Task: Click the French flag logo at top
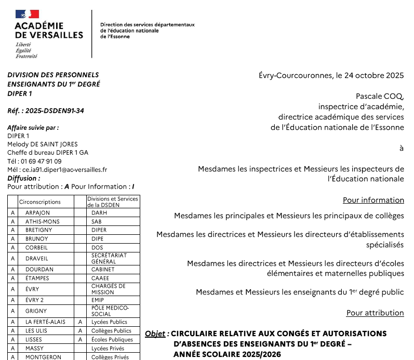pyautogui.click(x=28, y=15)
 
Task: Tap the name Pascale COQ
pyautogui.click(x=380, y=96)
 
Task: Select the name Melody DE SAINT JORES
pyautogui.click(x=42, y=144)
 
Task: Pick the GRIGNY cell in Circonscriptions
pyautogui.click(x=36, y=311)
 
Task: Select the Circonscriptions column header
pyautogui.click(x=40, y=202)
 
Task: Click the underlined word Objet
pyautogui.click(x=155, y=334)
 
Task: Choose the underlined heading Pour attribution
pyautogui.click(x=375, y=313)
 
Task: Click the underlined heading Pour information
pyautogui.click(x=373, y=200)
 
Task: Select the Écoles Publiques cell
pyautogui.click(x=112, y=340)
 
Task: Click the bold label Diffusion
pyautogui.click(x=23, y=178)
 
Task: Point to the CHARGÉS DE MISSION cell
pyautogui.click(x=108, y=289)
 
